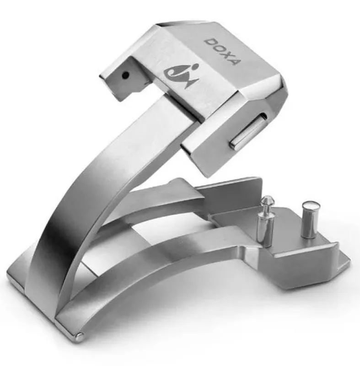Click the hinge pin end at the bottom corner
80,338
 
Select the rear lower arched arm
151,206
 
